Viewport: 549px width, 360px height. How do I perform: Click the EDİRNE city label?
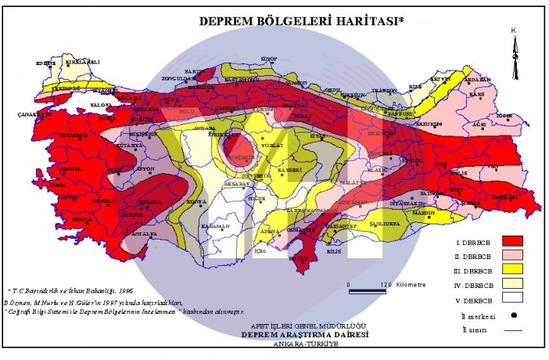point(46,63)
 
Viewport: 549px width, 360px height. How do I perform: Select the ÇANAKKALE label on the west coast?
point(33,114)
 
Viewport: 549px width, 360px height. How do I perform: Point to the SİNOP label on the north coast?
point(270,59)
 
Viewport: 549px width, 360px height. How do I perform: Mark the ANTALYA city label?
point(144,234)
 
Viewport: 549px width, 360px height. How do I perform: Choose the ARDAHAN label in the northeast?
point(476,79)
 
